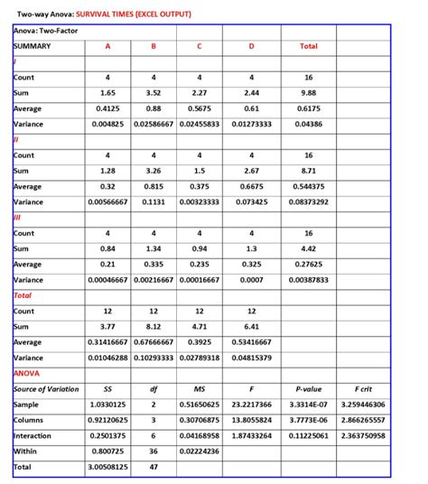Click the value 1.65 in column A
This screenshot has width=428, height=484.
click(x=107, y=93)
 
